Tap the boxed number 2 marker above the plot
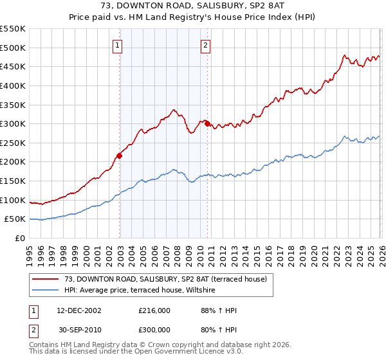pyautogui.click(x=205, y=45)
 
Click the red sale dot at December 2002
pyautogui.click(x=119, y=156)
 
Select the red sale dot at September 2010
pyautogui.click(x=207, y=123)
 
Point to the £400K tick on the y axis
pyautogui.click(x=13, y=85)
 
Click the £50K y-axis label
pyautogui.click(x=15, y=219)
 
